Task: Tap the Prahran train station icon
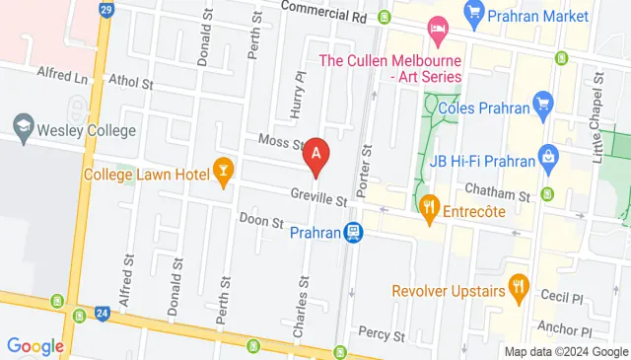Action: (x=353, y=233)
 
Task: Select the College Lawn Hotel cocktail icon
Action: (x=224, y=176)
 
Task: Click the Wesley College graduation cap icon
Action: (x=22, y=127)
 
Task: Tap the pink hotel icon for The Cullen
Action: (x=435, y=31)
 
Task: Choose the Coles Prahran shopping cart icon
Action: (x=541, y=102)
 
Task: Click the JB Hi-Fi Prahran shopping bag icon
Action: (x=548, y=156)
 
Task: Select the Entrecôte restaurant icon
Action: (x=428, y=206)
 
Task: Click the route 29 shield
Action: (x=106, y=11)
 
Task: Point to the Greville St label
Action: (x=318, y=198)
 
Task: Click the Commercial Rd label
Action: (x=323, y=13)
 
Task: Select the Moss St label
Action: (x=280, y=143)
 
